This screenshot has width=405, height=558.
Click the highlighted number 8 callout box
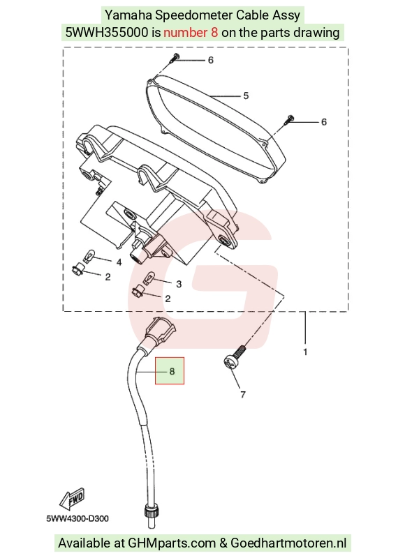170,371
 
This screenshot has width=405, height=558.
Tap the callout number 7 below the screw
243,394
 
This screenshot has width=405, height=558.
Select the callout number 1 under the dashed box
305,352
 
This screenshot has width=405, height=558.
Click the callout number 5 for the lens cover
246,96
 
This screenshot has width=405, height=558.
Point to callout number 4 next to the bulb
119,262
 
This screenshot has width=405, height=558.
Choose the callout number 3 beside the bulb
179,284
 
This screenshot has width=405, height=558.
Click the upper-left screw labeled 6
175,57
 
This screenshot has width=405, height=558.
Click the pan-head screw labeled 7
235,357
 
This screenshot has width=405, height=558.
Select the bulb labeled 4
89,255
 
